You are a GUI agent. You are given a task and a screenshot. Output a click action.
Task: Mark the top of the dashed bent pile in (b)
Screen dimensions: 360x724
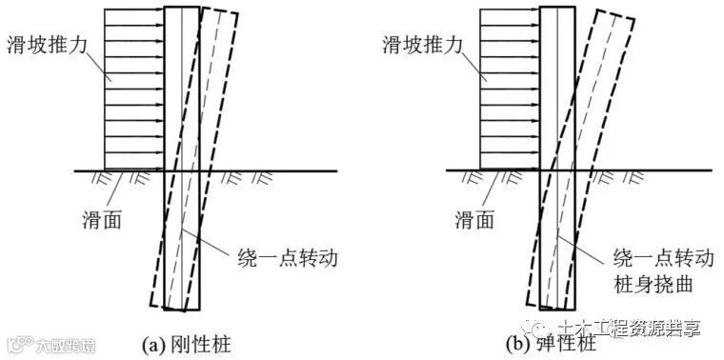pos(613,13)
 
